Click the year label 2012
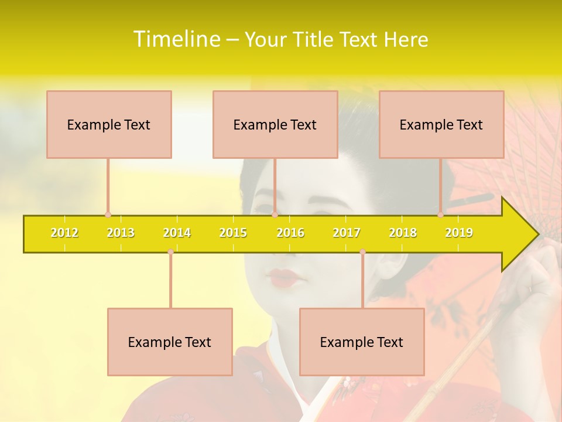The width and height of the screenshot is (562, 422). [64, 233]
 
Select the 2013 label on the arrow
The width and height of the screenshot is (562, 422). [121, 233]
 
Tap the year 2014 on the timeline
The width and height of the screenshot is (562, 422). [177, 233]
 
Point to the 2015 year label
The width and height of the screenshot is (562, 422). [233, 233]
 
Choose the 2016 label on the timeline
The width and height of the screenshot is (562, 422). [290, 233]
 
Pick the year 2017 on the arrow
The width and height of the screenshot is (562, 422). [347, 233]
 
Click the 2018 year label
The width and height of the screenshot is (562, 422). [403, 233]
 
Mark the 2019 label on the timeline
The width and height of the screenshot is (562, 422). [459, 233]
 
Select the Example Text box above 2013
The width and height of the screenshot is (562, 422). [109, 124]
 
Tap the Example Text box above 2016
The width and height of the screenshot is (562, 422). [275, 124]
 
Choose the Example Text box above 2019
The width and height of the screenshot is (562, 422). [441, 124]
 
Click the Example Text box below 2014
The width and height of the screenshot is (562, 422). [170, 342]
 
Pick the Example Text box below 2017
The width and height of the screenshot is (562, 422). [362, 342]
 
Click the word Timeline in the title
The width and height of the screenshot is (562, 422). [176, 39]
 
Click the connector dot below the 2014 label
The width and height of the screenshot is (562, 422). [170, 251]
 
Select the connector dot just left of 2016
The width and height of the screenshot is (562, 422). [275, 215]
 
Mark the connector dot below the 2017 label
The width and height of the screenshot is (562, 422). [362, 251]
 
